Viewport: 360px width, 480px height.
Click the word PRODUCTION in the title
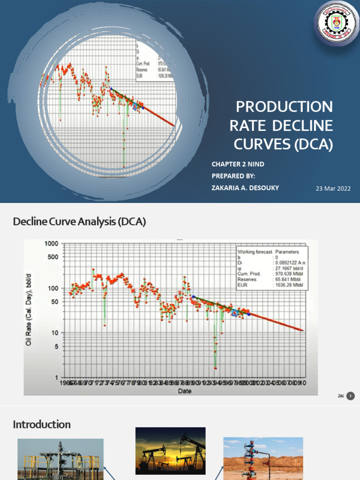pyautogui.click(x=284, y=107)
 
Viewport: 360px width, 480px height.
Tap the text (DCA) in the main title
pyautogui.click(x=314, y=144)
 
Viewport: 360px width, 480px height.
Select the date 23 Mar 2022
pyautogui.click(x=334, y=188)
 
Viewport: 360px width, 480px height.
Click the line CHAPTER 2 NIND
pyautogui.click(x=238, y=164)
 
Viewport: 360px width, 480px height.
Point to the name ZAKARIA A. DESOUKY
pyautogui.click(x=245, y=188)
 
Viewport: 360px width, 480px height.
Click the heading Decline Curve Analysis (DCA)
pyautogui.click(x=79, y=222)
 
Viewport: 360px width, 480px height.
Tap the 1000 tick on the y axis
pyautogui.click(x=52, y=244)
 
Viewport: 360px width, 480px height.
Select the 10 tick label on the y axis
pyautogui.click(x=55, y=333)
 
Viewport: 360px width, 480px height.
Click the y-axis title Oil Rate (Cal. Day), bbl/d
pyautogui.click(x=29, y=310)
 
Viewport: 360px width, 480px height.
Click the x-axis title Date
pyautogui.click(x=183, y=391)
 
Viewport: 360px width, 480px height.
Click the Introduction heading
pyautogui.click(x=42, y=425)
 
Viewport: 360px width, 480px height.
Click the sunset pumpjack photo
pyautogui.click(x=170, y=450)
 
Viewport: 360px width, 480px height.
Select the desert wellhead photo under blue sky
pyautogui.click(x=263, y=458)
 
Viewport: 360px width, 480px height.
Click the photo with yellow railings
pyautogui.click(x=60, y=459)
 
